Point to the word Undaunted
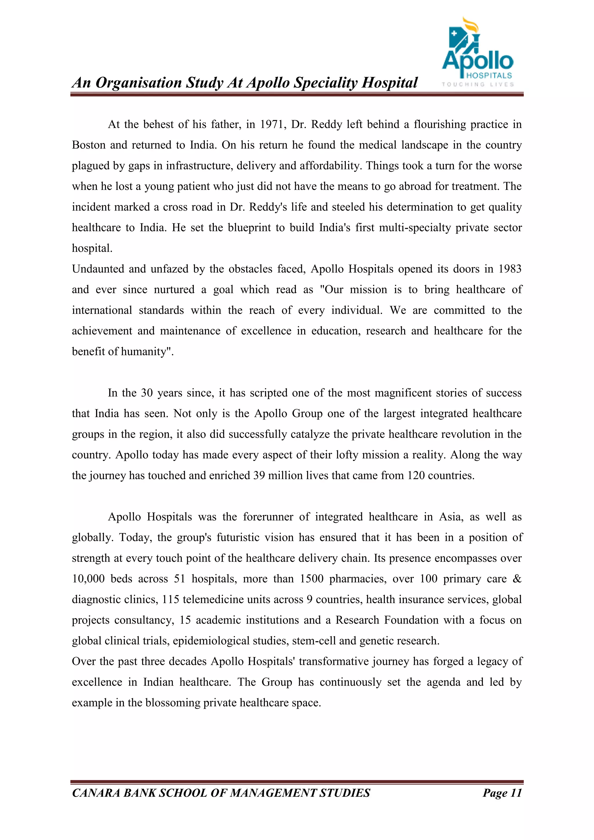[x=97, y=269]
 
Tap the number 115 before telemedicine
[x=171, y=600]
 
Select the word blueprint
[x=249, y=228]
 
